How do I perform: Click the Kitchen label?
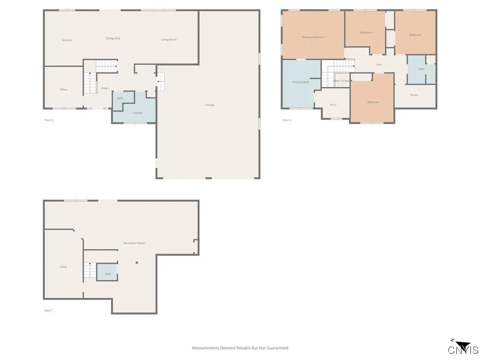(x=67, y=40)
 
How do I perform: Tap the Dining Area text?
(x=112, y=38)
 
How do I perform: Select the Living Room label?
(x=169, y=39)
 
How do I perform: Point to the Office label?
(x=63, y=90)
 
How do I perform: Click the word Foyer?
(x=105, y=88)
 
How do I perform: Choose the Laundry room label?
(x=137, y=112)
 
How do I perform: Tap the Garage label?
(x=210, y=105)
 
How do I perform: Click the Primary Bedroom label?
(x=313, y=37)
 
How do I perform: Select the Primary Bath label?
(x=300, y=82)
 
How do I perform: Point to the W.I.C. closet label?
(x=333, y=105)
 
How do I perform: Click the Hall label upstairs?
(x=378, y=65)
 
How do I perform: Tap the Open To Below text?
(x=342, y=81)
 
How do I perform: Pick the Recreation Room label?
(x=134, y=243)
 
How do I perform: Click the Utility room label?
(x=63, y=267)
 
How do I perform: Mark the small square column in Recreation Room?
(x=137, y=262)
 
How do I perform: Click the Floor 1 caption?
(x=49, y=310)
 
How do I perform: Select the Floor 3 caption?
(x=286, y=120)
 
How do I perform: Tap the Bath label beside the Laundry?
(x=120, y=98)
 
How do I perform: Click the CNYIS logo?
(x=463, y=348)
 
